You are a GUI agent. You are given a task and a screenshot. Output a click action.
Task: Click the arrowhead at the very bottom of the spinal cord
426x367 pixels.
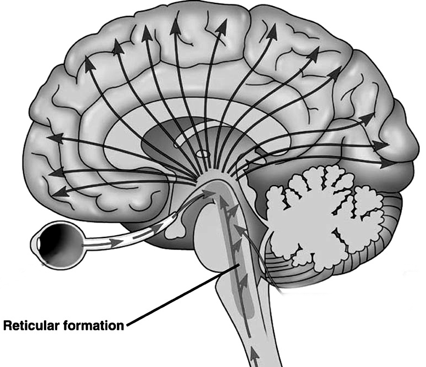tap(254, 358)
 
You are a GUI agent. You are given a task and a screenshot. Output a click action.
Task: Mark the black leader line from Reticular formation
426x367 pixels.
tap(181, 297)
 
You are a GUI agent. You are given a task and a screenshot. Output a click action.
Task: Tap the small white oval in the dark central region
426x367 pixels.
tap(203, 154)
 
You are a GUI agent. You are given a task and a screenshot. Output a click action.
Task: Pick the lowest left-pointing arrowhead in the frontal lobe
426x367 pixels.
tap(59, 192)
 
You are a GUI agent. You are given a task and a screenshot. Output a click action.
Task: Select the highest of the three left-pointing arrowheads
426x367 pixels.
tap(54, 138)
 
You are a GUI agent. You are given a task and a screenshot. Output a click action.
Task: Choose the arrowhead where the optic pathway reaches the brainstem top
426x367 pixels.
tap(207, 193)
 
